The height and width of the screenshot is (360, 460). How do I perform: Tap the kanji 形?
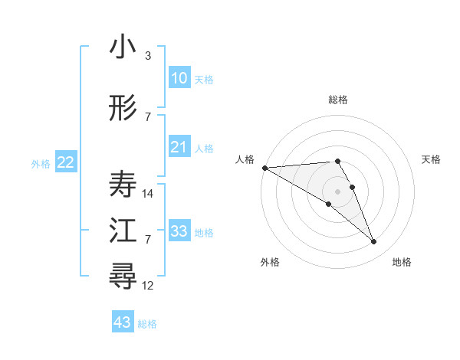(x=123, y=109)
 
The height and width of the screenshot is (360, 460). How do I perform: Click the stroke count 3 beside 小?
(x=148, y=56)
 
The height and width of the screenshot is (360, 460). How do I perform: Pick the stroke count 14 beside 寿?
(x=149, y=194)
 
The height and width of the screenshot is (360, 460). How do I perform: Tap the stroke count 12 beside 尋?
(x=149, y=286)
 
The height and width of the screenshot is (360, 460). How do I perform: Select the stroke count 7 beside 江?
(x=148, y=240)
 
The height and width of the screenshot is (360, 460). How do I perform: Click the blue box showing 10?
(x=179, y=78)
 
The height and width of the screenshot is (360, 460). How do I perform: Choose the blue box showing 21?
(x=179, y=147)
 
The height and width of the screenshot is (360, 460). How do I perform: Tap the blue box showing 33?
(x=179, y=231)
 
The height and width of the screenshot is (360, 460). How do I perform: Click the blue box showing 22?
(x=66, y=162)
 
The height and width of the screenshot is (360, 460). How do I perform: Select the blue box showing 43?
(x=123, y=322)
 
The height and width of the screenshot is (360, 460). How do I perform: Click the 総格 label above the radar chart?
(x=337, y=100)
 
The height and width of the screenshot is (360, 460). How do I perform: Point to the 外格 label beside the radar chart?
(x=270, y=262)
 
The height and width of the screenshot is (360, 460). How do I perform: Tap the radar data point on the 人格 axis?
(x=264, y=168)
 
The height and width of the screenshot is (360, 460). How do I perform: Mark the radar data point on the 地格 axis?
(x=374, y=242)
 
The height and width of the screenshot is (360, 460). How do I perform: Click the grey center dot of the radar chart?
(x=337, y=191)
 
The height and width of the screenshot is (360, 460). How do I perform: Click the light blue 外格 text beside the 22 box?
(x=41, y=163)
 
